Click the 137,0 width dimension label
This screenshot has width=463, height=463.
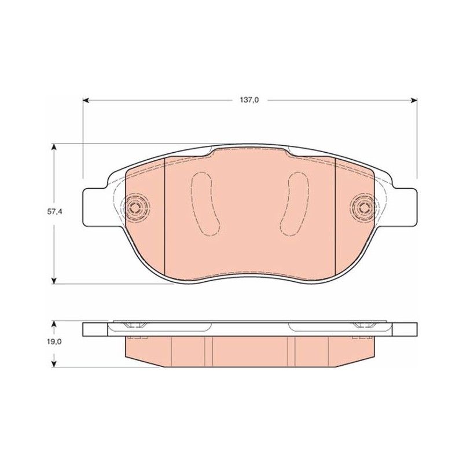click(x=249, y=100)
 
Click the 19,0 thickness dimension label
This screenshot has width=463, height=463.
click(x=54, y=341)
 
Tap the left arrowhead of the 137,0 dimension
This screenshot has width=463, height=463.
click(x=86, y=100)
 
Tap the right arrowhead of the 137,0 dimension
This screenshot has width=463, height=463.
click(x=414, y=100)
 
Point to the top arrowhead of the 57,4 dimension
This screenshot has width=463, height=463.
click(x=54, y=147)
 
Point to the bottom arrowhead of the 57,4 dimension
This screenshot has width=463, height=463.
click(x=54, y=281)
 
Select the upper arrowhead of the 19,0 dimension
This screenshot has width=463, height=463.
click(x=54, y=325)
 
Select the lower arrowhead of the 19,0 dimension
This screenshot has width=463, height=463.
click(x=54, y=363)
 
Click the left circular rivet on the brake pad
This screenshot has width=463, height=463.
click(x=135, y=208)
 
